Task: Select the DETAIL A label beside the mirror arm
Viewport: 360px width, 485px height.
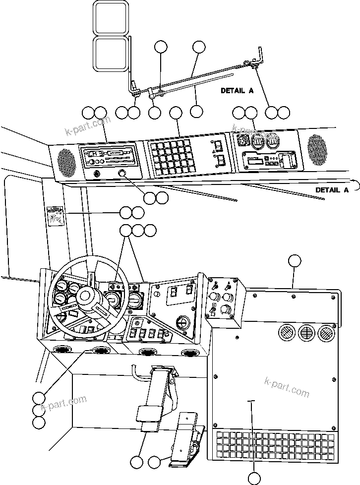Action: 237,91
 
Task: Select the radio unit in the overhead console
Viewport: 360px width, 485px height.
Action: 108,157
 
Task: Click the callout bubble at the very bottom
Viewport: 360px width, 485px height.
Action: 254,478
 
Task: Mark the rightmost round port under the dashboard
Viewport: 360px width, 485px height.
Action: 190,353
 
